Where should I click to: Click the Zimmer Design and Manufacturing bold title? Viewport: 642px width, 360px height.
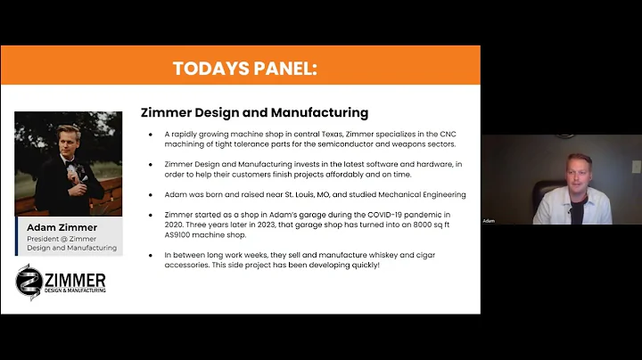click(x=255, y=113)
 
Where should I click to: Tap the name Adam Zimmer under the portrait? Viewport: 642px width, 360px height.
click(x=60, y=228)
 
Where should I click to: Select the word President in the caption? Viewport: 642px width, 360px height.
click(x=42, y=238)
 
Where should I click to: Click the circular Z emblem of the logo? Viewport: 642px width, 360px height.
click(x=29, y=282)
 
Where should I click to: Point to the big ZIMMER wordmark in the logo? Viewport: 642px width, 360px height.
click(x=72, y=278)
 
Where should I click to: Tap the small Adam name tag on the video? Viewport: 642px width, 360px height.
click(x=488, y=220)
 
